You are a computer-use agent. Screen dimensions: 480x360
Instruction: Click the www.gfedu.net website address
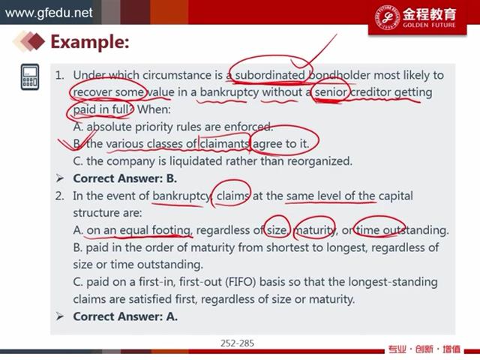(49, 13)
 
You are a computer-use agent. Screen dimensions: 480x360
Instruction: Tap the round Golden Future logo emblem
(388, 17)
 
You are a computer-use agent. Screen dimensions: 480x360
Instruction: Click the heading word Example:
(90, 42)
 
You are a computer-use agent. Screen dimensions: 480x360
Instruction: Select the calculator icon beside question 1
(30, 76)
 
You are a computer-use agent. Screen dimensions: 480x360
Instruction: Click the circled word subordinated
(270, 75)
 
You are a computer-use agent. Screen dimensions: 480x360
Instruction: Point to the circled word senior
(331, 92)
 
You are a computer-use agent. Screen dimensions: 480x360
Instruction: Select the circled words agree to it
(280, 143)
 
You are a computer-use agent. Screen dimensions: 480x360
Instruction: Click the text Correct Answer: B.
(125, 178)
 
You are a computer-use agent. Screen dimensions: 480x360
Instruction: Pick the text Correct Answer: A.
(125, 316)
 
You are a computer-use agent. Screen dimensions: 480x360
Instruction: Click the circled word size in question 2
(277, 230)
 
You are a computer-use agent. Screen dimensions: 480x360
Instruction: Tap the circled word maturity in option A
(315, 230)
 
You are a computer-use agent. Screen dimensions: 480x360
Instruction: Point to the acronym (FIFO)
(240, 282)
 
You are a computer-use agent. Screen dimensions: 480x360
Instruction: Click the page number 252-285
(237, 343)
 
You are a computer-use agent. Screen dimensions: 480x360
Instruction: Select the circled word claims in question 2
(233, 196)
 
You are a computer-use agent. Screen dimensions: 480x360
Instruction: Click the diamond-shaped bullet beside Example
(29, 40)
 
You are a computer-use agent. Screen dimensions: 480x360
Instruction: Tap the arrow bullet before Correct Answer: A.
(60, 316)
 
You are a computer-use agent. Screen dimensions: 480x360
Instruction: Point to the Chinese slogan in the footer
(424, 349)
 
